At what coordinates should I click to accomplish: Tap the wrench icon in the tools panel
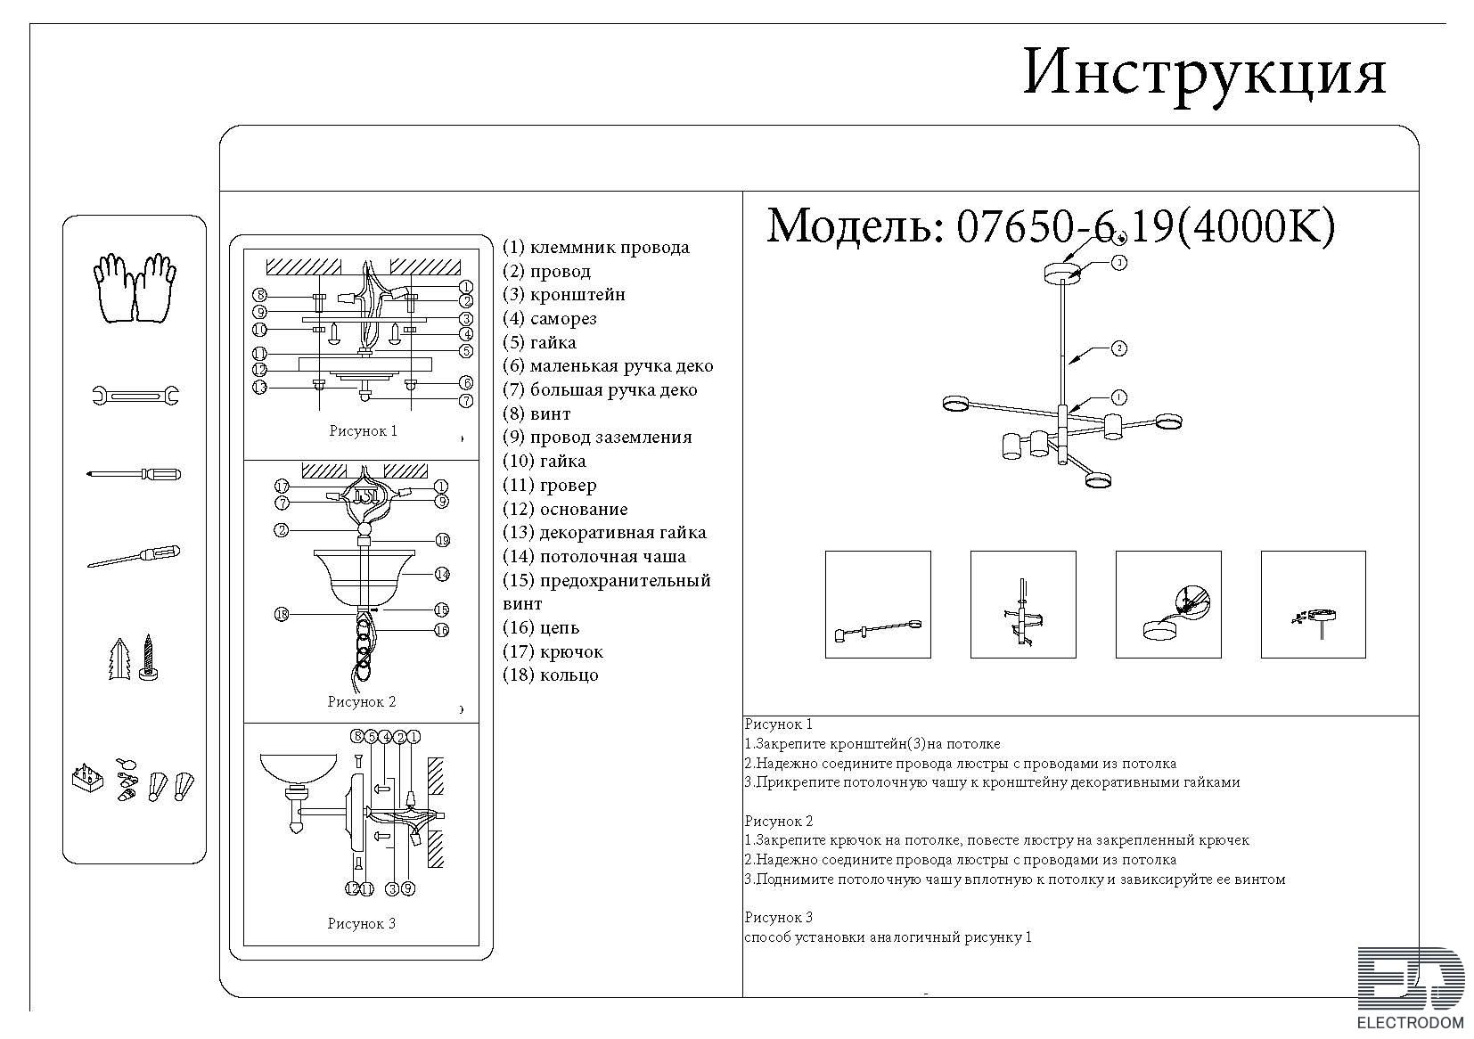[135, 396]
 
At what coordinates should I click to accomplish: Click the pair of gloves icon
[135, 288]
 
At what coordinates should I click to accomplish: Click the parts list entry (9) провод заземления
[597, 438]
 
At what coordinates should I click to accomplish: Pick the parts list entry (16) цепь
[541, 627]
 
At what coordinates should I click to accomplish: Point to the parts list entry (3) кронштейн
[564, 295]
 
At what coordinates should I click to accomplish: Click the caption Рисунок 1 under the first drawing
[364, 431]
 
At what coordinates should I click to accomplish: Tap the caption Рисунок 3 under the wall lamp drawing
[362, 923]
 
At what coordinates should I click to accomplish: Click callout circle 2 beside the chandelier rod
[1118, 348]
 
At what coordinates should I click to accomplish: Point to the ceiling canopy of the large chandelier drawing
[1063, 273]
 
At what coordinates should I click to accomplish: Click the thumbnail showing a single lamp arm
[878, 604]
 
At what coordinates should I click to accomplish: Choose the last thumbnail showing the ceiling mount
[1313, 604]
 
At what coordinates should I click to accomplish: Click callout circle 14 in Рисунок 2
[442, 575]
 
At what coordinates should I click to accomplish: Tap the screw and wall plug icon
[134, 658]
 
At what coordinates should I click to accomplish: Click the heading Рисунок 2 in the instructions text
[779, 822]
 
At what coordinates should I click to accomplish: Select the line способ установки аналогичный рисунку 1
[888, 937]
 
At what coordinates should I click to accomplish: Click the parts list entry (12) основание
[565, 510]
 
